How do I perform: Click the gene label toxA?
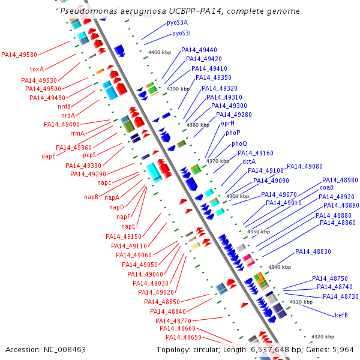click(37, 69)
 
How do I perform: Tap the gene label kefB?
click(341, 315)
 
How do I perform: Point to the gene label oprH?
click(228, 123)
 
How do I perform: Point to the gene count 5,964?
click(343, 349)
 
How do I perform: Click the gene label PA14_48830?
click(313, 251)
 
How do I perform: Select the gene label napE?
click(129, 226)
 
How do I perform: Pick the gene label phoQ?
click(239, 143)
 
